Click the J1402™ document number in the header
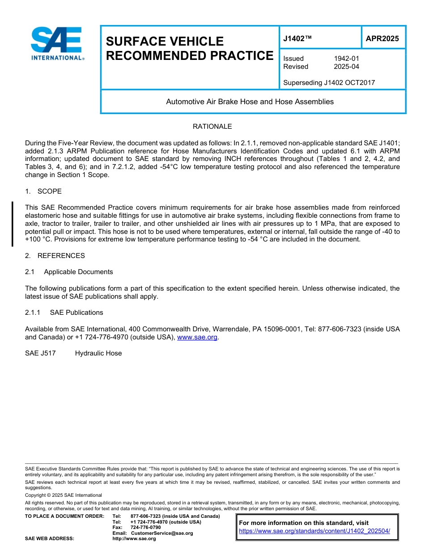[297, 38]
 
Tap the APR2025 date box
[382, 38]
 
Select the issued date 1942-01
[346, 59]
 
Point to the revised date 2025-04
[346, 67]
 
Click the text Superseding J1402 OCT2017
[329, 82]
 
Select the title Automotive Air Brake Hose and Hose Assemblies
[250, 102]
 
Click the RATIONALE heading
[212, 127]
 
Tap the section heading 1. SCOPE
[43, 191]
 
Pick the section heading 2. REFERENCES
[55, 256]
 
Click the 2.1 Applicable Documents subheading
[69, 272]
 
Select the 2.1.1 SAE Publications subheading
[64, 313]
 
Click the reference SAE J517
[40, 353]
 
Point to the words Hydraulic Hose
[98, 353]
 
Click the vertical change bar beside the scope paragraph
[13, 224]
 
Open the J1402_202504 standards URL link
[314, 531]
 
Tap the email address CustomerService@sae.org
[162, 533]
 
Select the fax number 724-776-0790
[145, 528]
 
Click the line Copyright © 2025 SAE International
[64, 495]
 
